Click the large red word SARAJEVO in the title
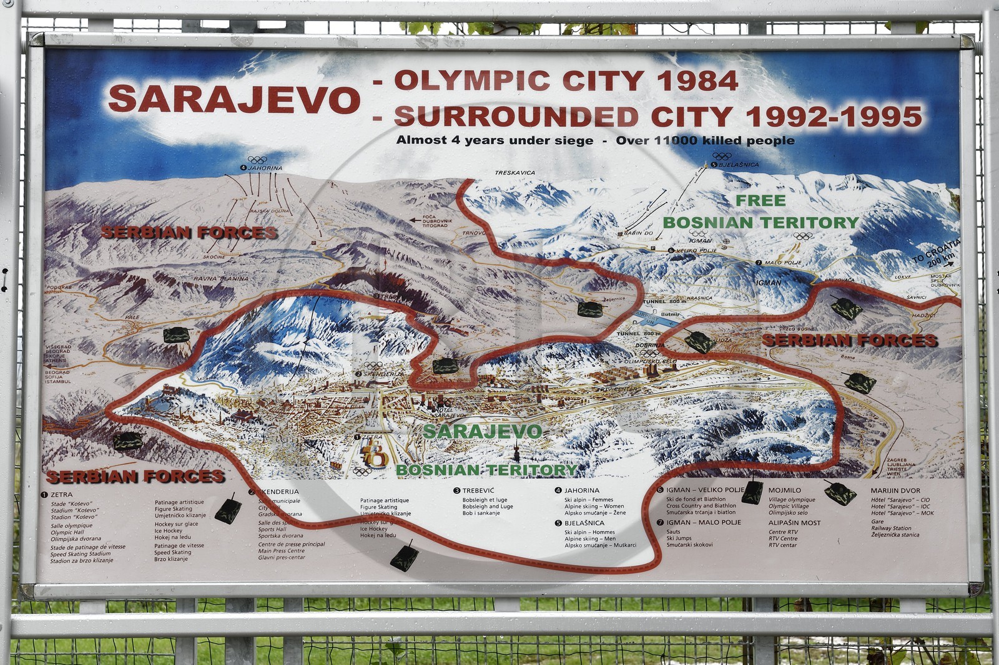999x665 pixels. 234,99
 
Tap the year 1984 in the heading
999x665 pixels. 697,80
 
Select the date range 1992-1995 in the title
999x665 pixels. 834,117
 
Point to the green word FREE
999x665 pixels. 760,200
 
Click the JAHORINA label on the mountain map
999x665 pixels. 265,168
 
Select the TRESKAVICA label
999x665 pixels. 514,173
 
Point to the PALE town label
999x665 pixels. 132,317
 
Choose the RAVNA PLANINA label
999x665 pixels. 220,279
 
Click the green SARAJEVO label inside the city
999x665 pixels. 482,431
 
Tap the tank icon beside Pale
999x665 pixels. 176,335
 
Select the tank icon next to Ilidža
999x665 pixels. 699,341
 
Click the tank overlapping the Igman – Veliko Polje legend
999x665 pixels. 752,492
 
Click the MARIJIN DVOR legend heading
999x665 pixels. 895,491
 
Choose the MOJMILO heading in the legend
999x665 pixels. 784,491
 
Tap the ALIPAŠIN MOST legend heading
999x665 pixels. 794,523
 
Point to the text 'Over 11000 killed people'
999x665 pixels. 705,140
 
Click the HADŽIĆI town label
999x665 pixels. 923,316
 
